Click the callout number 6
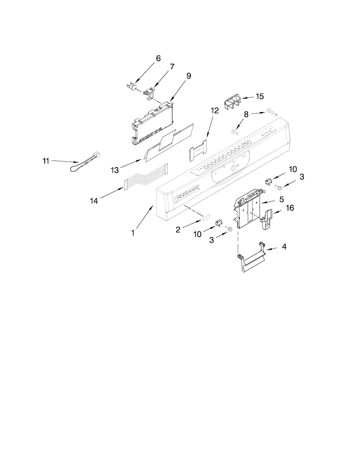158,58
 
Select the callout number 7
172,67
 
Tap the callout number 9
189,76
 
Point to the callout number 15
260,96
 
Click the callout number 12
215,111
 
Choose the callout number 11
46,161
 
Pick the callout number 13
114,170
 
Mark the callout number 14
94,201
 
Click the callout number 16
290,208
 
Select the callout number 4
284,247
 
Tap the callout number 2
178,230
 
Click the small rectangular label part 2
206,217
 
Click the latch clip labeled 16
266,220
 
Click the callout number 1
133,233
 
